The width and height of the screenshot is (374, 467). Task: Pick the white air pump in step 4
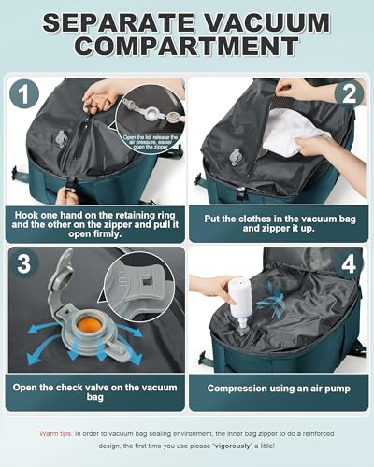(x=242, y=297)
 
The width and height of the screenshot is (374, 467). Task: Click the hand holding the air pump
(x=208, y=287)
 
